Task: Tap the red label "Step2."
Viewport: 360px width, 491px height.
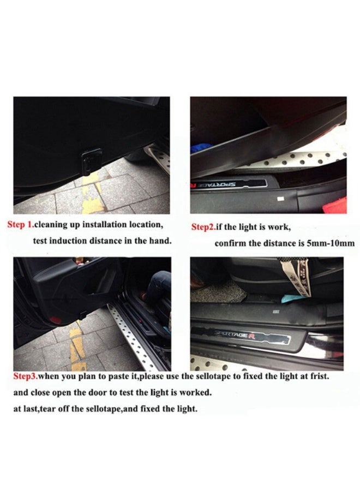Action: (x=202, y=227)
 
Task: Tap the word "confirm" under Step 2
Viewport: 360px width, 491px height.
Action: (x=231, y=243)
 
